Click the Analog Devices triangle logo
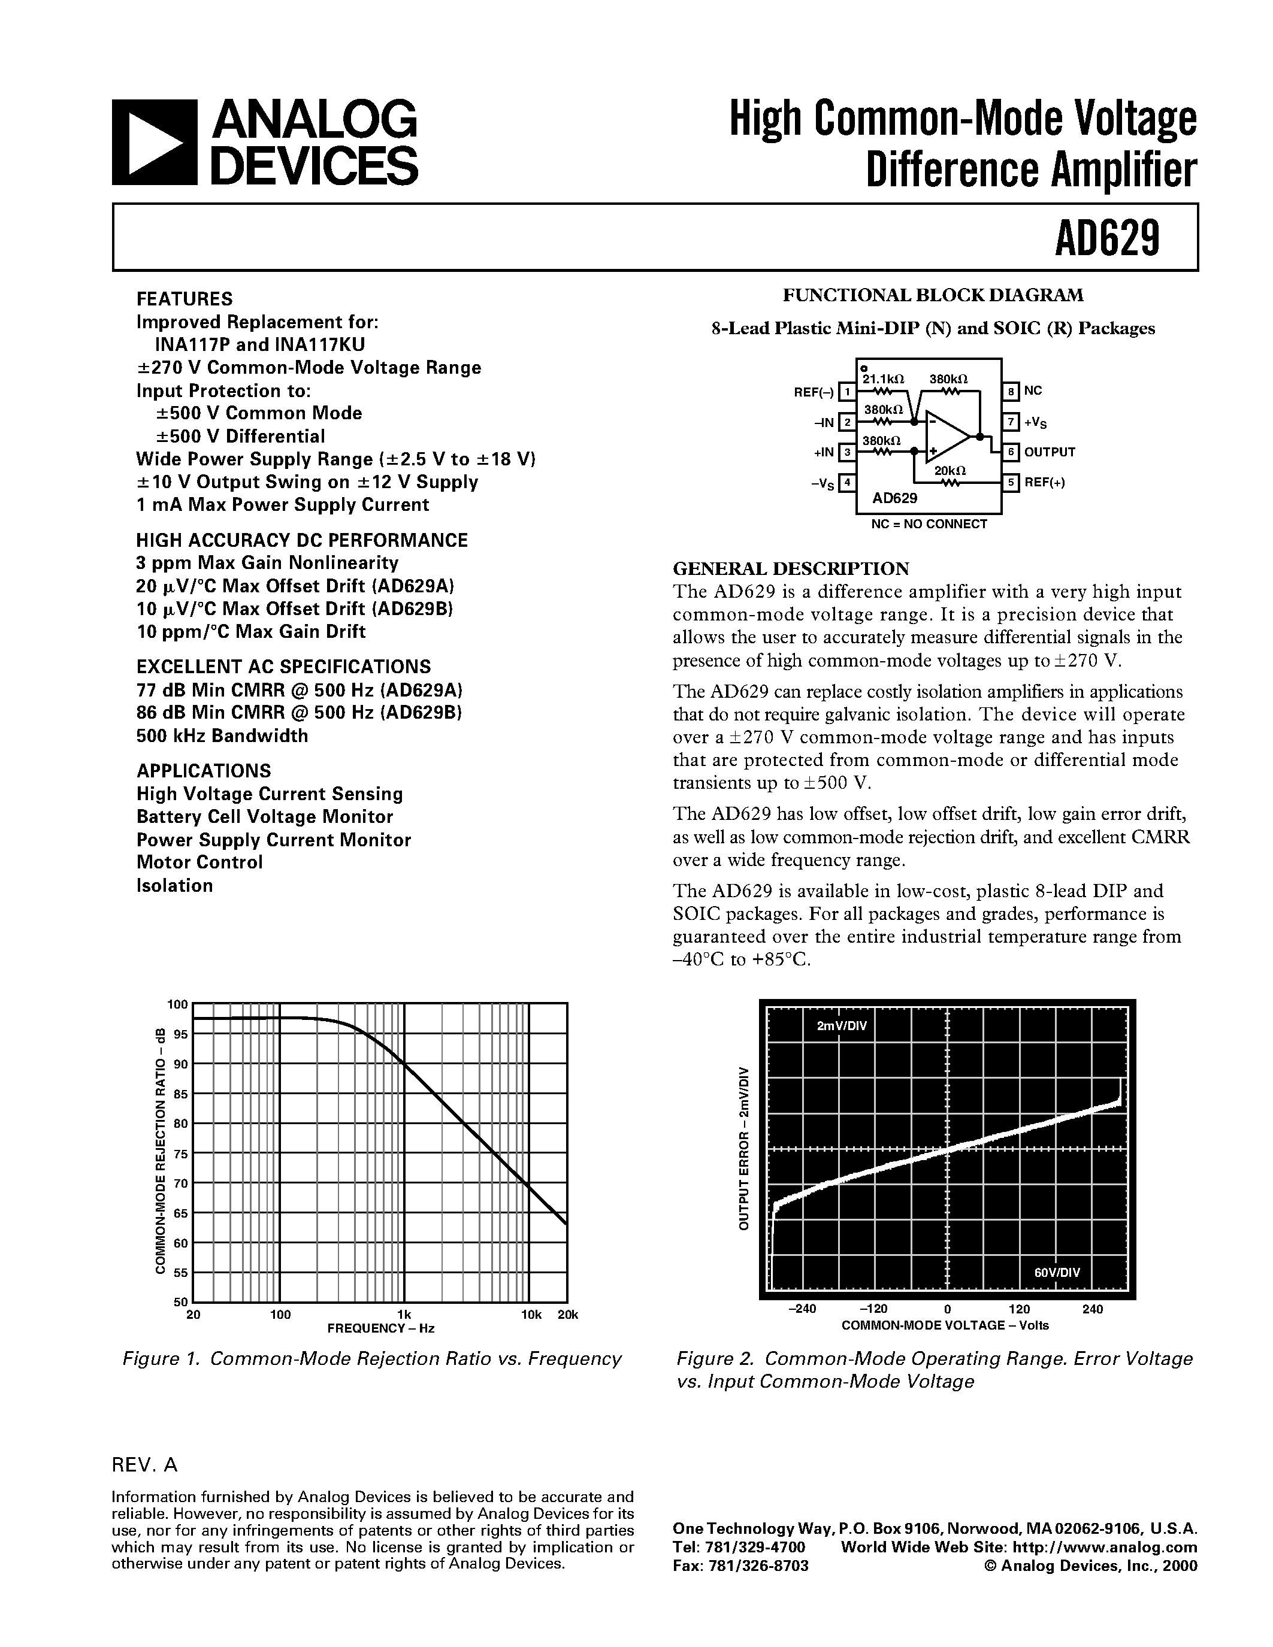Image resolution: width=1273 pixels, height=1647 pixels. pyautogui.click(x=154, y=143)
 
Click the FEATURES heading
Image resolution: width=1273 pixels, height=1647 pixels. pyautogui.click(x=184, y=299)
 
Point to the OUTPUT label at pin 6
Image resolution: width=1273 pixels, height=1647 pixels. pyautogui.click(x=1049, y=452)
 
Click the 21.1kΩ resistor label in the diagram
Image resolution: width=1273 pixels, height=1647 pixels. pyautogui.click(x=883, y=379)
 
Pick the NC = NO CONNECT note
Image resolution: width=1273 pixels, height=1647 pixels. pyautogui.click(x=929, y=524)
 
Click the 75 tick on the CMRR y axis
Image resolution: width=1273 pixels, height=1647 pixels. pyautogui.click(x=180, y=1154)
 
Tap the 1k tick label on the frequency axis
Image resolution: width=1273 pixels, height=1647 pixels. pyautogui.click(x=404, y=1315)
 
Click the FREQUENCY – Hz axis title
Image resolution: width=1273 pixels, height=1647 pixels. pyautogui.click(x=381, y=1328)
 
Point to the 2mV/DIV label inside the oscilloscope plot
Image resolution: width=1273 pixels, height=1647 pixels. pyautogui.click(x=842, y=1027)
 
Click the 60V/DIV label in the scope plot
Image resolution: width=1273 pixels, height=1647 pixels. pyautogui.click(x=1057, y=1272)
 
